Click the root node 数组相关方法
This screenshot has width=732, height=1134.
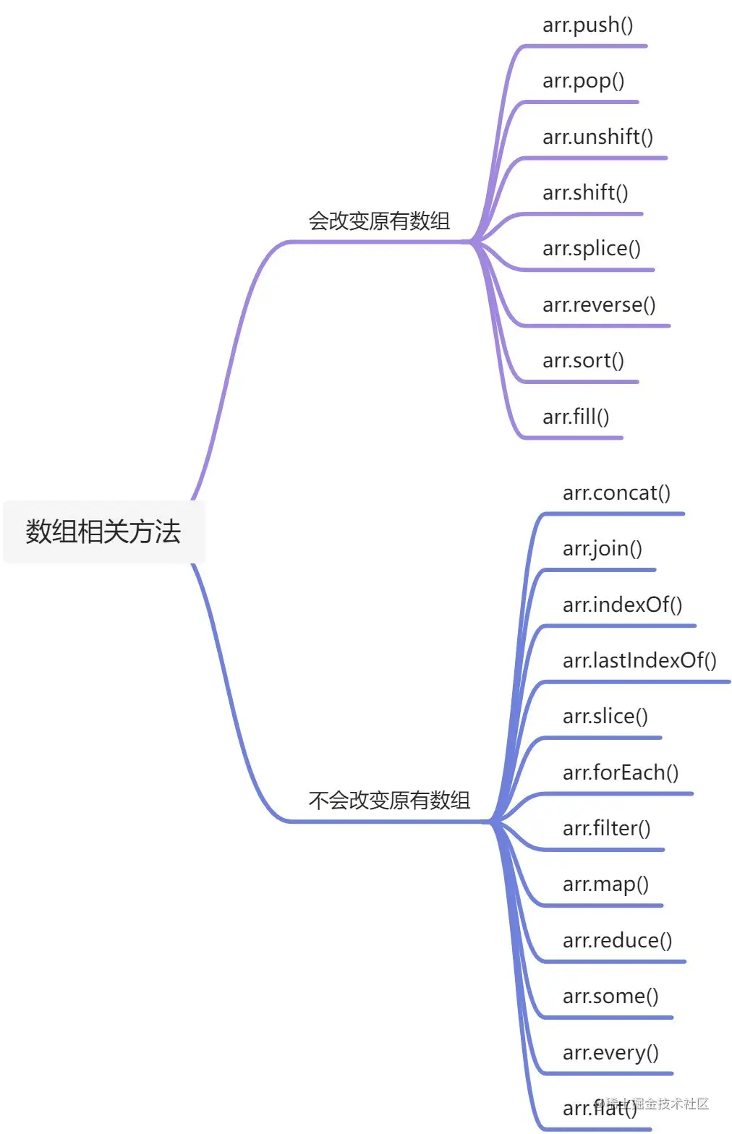pyautogui.click(x=103, y=532)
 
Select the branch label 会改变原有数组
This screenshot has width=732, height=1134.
pyautogui.click(x=379, y=221)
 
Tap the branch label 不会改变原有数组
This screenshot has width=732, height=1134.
pyautogui.click(x=389, y=801)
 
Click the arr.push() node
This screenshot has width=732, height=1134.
pyautogui.click(x=587, y=25)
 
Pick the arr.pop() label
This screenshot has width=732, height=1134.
pyautogui.click(x=583, y=81)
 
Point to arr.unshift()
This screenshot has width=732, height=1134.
pyautogui.click(x=597, y=137)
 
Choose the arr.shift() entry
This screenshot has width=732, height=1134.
pyautogui.click(x=585, y=193)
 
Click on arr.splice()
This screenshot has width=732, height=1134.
pyautogui.click(x=591, y=249)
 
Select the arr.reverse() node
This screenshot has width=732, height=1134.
pyautogui.click(x=599, y=305)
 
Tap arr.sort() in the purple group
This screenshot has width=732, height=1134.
pyautogui.click(x=583, y=361)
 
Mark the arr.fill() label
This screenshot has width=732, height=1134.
pyautogui.click(x=576, y=417)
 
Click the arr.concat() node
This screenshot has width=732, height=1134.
pyautogui.click(x=616, y=493)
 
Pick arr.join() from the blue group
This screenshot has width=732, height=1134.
pyautogui.click(x=602, y=549)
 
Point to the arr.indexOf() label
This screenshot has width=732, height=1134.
pyautogui.click(x=622, y=605)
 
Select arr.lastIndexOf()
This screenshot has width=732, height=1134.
pyautogui.click(x=639, y=660)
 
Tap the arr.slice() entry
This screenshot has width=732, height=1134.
pyautogui.click(x=605, y=717)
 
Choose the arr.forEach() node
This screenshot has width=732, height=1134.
pyautogui.click(x=621, y=772)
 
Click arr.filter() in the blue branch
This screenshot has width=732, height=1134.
pyautogui.click(x=606, y=828)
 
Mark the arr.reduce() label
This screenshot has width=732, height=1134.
pyautogui.click(x=617, y=940)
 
